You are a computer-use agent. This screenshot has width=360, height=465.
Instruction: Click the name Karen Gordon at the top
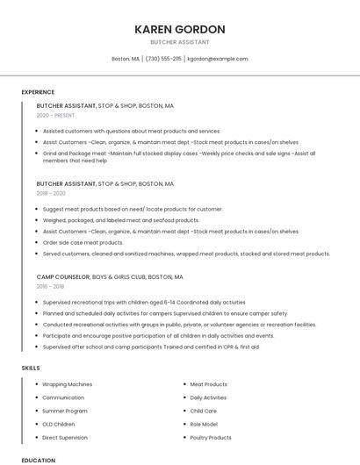coord(180,29)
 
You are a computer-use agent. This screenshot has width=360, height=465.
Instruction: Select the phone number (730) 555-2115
coord(163,59)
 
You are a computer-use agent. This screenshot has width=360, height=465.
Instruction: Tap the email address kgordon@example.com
coord(218,59)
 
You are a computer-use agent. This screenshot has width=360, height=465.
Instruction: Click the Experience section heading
coord(38,92)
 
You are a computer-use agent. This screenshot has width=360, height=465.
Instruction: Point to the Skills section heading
coord(31,368)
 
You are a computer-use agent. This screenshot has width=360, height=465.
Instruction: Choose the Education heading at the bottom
coord(38,460)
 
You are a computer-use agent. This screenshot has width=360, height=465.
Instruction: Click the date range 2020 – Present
coord(55,115)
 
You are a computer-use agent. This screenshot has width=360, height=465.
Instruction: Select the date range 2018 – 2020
coord(51,193)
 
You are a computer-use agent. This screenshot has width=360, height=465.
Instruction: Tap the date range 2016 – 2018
coord(50,286)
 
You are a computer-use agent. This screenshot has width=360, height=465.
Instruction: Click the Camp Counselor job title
coord(63,276)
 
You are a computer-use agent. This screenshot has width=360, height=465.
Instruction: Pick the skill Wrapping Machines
coord(67,384)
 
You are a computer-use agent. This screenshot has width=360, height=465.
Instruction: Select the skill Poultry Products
coord(211,437)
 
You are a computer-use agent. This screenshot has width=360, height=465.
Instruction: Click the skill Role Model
coord(204,424)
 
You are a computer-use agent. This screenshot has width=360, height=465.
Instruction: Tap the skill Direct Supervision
coord(64,437)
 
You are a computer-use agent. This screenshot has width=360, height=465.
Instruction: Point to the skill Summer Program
coord(64,411)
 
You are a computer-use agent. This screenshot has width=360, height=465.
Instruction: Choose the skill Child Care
coord(203,411)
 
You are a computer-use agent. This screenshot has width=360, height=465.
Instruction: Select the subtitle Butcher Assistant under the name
coord(180,42)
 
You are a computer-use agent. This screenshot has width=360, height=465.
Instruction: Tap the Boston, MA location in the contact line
coord(126,59)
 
